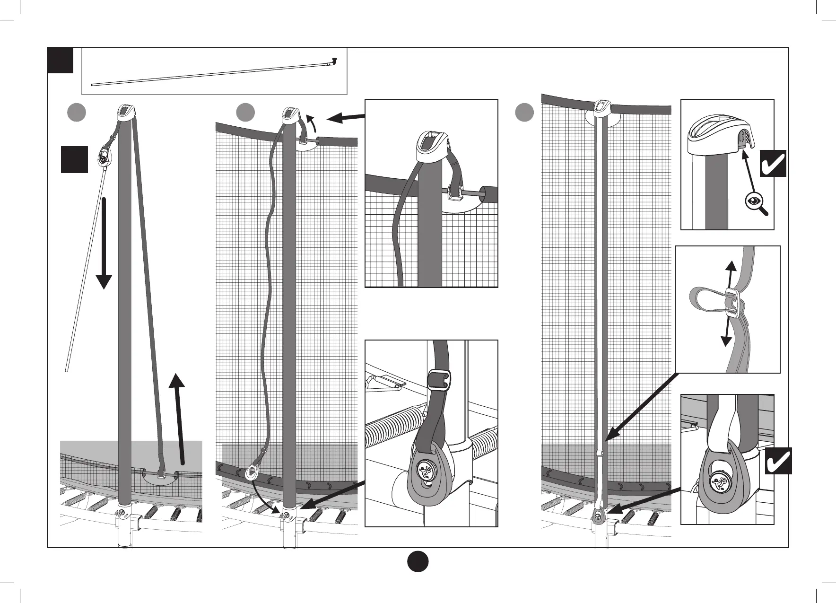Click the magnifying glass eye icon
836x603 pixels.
pos(753,201)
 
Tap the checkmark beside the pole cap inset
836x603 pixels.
pos(773,163)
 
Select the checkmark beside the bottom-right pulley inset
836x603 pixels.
pos(778,461)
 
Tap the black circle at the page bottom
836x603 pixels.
pos(418,561)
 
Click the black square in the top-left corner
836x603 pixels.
pos(61,60)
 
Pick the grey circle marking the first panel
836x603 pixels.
pos(76,113)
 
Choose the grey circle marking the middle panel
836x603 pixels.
pos(245,113)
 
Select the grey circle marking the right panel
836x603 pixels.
pos(524,113)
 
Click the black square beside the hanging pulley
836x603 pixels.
pos(74,159)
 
